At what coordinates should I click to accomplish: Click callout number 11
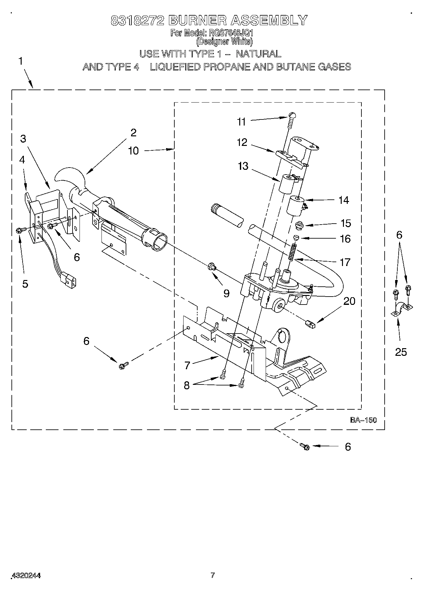(241, 122)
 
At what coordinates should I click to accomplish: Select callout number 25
(401, 352)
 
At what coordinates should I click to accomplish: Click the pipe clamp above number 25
(401, 309)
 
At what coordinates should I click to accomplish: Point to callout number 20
(349, 301)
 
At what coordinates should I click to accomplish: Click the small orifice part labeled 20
(310, 324)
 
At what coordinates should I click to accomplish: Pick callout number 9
(226, 293)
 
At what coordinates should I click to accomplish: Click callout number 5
(25, 284)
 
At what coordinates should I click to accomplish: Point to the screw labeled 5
(19, 230)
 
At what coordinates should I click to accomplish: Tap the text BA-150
(363, 420)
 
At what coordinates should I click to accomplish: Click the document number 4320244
(26, 575)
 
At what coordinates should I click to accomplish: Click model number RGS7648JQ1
(231, 33)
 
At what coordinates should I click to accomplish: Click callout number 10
(133, 150)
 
